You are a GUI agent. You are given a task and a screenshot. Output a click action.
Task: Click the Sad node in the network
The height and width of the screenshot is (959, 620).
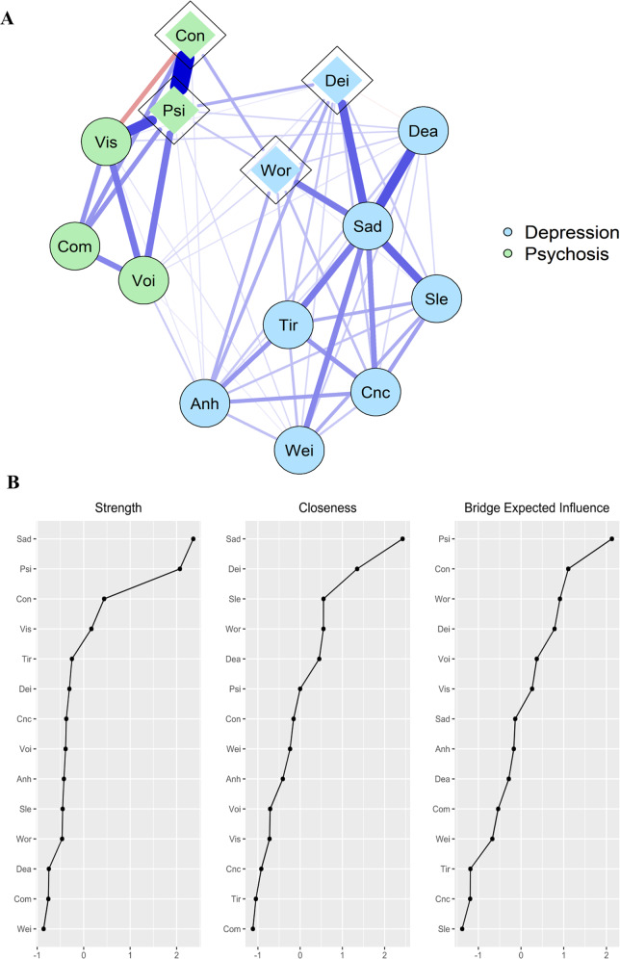369,227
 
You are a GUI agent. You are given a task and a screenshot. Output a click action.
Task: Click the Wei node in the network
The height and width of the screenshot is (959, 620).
300,448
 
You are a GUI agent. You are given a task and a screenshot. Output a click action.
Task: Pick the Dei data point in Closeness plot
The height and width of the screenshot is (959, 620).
357,569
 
